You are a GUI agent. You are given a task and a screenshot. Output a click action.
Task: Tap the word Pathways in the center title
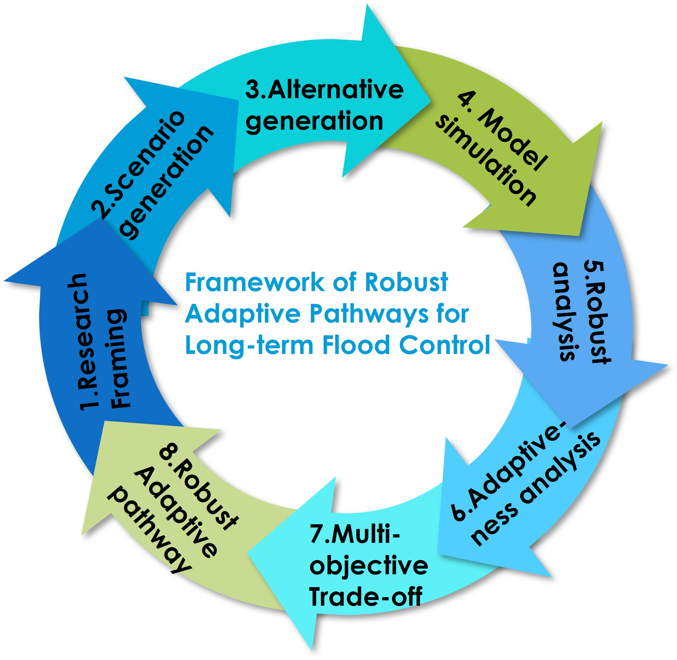pos(368,314)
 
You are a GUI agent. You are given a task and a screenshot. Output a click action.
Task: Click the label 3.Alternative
pos(324,90)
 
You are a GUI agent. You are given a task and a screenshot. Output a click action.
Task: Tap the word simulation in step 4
pos(486,162)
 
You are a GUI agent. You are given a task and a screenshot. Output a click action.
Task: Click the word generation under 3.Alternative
pos(314,122)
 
